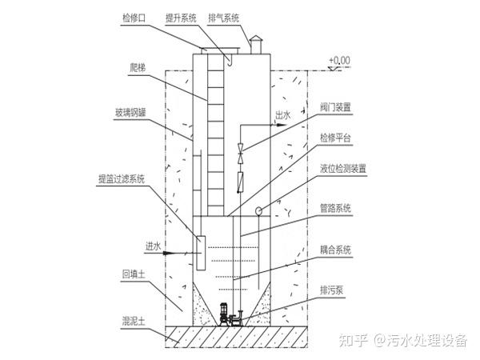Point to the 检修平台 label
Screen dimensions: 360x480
tap(334, 138)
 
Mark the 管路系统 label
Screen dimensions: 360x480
tap(334, 208)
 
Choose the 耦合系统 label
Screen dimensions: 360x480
tap(334, 250)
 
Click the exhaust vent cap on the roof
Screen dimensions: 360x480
tap(256, 40)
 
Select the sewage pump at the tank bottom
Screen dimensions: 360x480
tap(230, 313)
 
